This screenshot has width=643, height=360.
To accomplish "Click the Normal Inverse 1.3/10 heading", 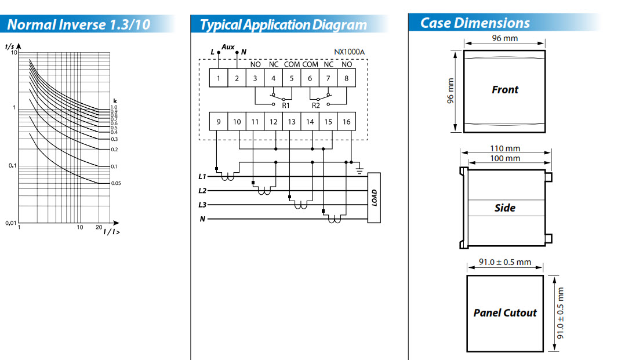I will (x=78, y=25).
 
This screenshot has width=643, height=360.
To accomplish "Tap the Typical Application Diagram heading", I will (x=283, y=25).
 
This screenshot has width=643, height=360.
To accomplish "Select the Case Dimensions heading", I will (x=475, y=23).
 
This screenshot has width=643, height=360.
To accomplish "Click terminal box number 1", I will (x=218, y=78).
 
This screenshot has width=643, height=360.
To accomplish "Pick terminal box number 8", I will (x=346, y=78).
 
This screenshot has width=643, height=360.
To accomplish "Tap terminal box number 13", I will (x=291, y=122).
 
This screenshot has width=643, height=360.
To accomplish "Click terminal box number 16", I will (x=346, y=122).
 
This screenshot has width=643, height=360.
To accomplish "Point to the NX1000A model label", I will (x=349, y=52).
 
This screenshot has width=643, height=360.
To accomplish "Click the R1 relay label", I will (x=285, y=106).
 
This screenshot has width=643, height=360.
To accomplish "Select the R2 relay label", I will (x=316, y=106).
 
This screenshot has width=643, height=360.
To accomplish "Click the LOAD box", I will (x=374, y=198).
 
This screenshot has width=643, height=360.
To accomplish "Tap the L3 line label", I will (x=202, y=205).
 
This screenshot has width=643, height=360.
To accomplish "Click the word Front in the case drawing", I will (x=504, y=90).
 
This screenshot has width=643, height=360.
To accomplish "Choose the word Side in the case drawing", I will (x=504, y=208).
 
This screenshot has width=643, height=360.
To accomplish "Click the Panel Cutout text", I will (x=505, y=313).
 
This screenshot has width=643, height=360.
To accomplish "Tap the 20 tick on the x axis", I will (x=99, y=227).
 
